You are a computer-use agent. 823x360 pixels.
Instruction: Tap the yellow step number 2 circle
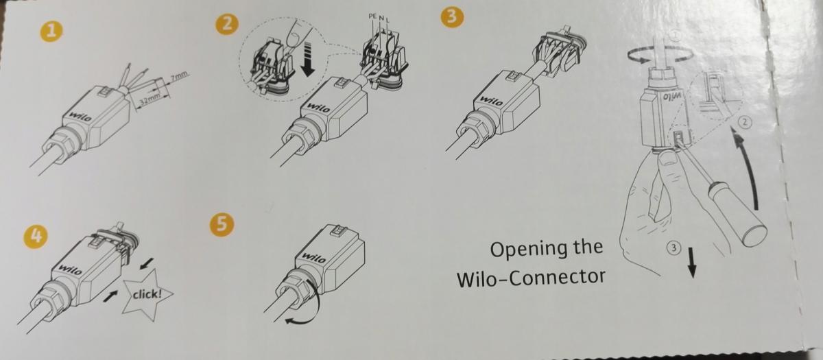click(x=226, y=24)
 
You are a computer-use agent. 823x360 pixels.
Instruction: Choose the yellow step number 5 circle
click(x=224, y=224)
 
